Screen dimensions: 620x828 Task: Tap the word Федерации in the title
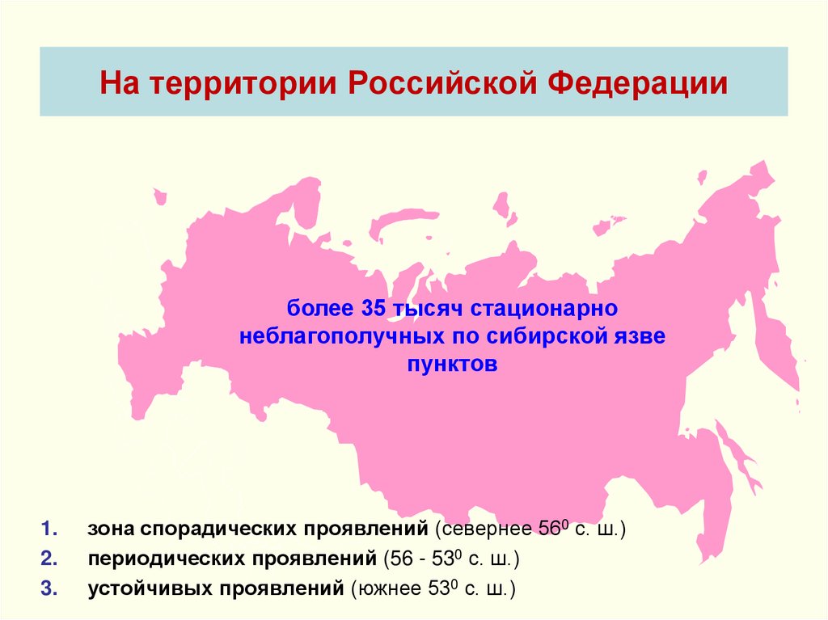click(x=635, y=83)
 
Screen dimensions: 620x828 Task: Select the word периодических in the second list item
click(x=167, y=559)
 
